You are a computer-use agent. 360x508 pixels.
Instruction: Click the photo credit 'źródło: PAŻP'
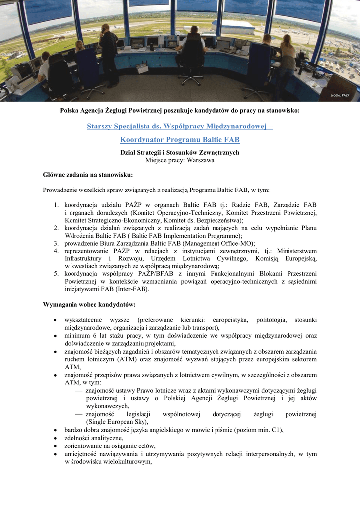coord(341,95)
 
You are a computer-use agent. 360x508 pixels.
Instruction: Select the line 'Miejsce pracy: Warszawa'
coord(180,160)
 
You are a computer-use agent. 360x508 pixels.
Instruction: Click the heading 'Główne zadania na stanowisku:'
coord(88,175)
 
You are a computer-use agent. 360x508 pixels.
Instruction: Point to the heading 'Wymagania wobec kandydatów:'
coord(89,304)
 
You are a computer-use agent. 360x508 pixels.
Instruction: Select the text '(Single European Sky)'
coord(117,421)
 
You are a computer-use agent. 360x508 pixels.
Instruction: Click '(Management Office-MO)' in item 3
coord(218,243)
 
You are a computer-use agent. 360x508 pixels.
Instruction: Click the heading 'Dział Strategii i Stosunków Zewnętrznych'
coord(180,152)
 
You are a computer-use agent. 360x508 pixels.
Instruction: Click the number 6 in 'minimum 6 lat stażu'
coord(94,336)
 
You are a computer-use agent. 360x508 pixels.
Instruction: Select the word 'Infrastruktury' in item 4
coord(84,258)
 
